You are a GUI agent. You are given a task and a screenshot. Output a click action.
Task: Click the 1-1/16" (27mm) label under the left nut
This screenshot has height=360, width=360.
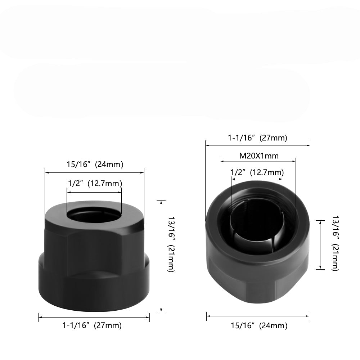coord(92,325)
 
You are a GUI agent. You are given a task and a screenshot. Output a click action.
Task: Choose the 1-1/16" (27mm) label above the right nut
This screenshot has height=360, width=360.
coord(257,138)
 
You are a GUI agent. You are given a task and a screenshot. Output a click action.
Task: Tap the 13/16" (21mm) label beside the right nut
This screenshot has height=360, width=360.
coord(335,243)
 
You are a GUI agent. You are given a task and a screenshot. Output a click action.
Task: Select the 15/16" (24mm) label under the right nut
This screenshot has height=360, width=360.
coord(259,326)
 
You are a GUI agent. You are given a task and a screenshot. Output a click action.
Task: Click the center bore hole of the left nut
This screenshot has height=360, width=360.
coord(94,216)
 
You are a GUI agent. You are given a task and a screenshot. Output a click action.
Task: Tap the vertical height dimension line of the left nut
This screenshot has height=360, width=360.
coord(161,256)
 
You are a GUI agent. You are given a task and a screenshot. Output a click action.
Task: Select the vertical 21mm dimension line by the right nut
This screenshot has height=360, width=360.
coord(320,245)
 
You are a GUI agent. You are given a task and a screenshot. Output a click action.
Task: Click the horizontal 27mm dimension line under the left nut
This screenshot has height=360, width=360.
coord(94,317)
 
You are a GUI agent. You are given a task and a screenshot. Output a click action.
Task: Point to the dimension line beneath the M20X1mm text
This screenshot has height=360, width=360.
coord(257,161)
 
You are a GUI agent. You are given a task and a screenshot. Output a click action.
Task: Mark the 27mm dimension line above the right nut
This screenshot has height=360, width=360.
coord(257,145)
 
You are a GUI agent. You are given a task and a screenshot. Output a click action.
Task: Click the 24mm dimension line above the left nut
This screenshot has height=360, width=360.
coord(94,172)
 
